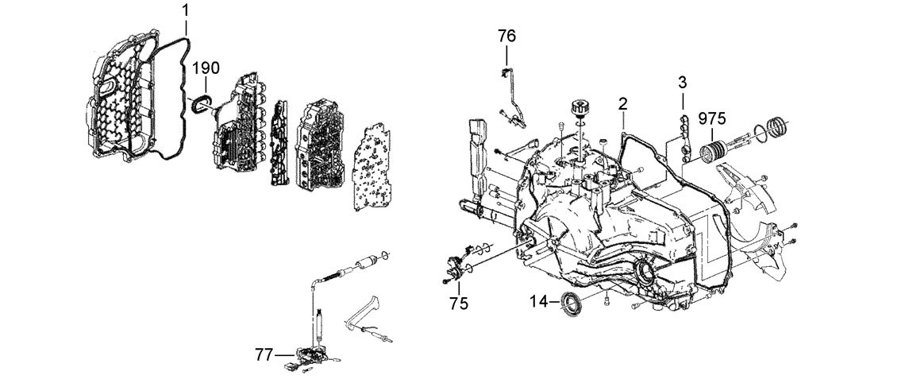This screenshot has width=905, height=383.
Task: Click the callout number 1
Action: pos(186,11)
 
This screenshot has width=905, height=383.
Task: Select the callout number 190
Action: pos(206,68)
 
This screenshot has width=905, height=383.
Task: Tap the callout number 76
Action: pos(507,37)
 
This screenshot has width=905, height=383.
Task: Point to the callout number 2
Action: pos(622,104)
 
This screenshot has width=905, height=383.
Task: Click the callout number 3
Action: pos(682,83)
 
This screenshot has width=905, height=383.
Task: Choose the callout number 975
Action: pos(712,118)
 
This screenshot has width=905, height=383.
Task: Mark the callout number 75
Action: pos(460,304)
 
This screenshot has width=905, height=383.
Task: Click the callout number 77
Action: pos(265,354)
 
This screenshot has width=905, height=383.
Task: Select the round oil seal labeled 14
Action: pos(572,304)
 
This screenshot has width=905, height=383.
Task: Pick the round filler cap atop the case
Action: pos(578,109)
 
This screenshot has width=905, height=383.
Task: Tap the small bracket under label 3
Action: pos(684,134)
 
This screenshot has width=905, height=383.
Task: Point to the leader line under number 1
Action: pos(186,29)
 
